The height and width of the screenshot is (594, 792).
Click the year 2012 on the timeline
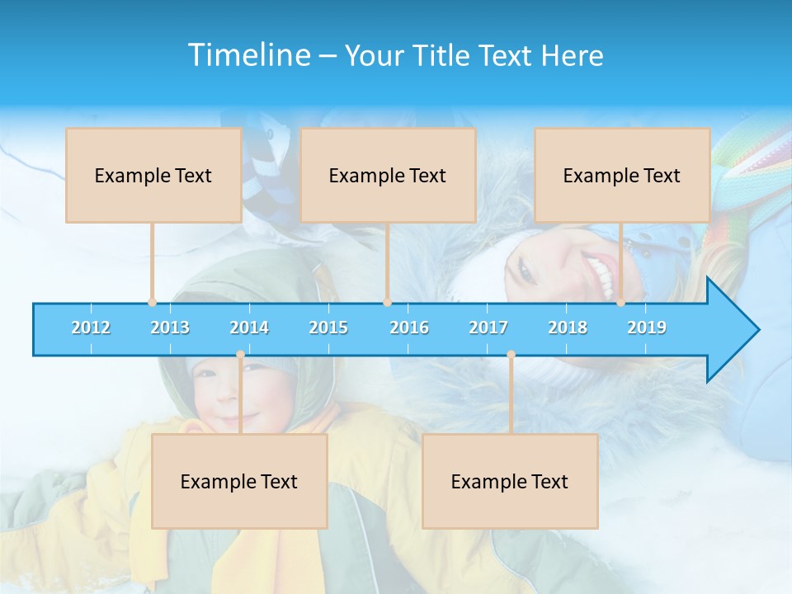91,328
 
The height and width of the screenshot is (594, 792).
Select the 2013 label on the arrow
170,328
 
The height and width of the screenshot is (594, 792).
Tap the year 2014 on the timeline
249,328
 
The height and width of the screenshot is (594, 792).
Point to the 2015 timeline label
328,328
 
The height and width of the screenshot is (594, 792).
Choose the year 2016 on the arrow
409,328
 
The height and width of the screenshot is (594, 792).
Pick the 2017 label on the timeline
488,328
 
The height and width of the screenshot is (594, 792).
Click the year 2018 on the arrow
568,328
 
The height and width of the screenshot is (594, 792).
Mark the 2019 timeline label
647,328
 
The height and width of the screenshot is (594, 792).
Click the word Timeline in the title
248,55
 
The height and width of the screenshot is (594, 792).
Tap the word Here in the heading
572,55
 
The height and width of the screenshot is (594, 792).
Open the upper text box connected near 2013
153,175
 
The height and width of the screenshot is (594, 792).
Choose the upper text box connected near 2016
388,175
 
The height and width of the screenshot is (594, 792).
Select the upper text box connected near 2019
622,175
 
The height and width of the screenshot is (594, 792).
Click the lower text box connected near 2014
239,481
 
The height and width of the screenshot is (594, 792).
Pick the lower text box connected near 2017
510,481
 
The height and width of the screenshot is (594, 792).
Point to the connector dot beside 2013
152,303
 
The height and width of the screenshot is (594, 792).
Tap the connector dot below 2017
511,355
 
